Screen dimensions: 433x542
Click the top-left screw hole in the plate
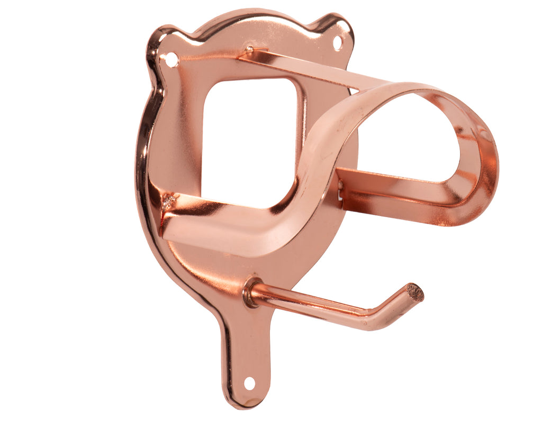pyautogui.click(x=171, y=60)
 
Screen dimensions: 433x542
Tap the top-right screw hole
pyautogui.click(x=337, y=42)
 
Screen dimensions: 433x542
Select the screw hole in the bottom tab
pyautogui.click(x=249, y=383)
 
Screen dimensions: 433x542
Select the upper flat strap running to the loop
pyautogui.click(x=312, y=69)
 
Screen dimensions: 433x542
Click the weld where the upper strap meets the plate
pyautogui.click(x=249, y=51)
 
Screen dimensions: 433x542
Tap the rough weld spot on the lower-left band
pyautogui.click(x=169, y=201)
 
